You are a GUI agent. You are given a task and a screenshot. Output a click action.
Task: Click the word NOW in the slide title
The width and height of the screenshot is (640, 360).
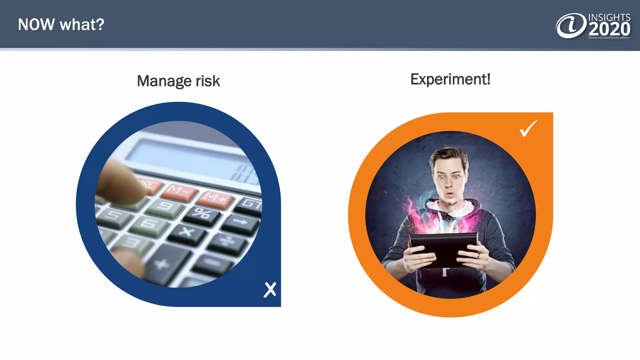(x=36, y=25)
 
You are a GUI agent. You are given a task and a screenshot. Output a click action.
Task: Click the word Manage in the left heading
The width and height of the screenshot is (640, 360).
(x=164, y=81)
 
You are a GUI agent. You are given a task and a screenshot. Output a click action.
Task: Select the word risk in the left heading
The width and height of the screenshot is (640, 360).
(x=208, y=81)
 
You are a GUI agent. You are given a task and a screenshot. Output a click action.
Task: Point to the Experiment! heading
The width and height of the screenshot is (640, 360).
(x=450, y=79)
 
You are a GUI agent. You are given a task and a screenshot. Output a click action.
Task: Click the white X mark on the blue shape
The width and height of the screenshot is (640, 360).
(x=270, y=290)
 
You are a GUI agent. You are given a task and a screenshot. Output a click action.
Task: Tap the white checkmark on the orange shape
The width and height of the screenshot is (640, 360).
(x=528, y=129)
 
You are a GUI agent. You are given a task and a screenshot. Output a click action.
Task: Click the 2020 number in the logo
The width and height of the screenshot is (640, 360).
(x=609, y=29)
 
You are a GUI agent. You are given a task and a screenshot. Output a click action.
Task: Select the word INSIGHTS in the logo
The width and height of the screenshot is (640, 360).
(x=609, y=17)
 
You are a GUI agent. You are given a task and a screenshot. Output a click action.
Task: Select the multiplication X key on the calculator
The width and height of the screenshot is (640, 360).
(x=187, y=233)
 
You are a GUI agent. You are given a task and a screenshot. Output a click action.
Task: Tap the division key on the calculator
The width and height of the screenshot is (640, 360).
(x=228, y=242)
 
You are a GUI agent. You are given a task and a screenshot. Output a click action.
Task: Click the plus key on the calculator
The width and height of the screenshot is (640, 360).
(x=162, y=264)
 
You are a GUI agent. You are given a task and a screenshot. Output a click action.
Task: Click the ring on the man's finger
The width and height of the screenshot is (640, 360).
(x=478, y=256)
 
